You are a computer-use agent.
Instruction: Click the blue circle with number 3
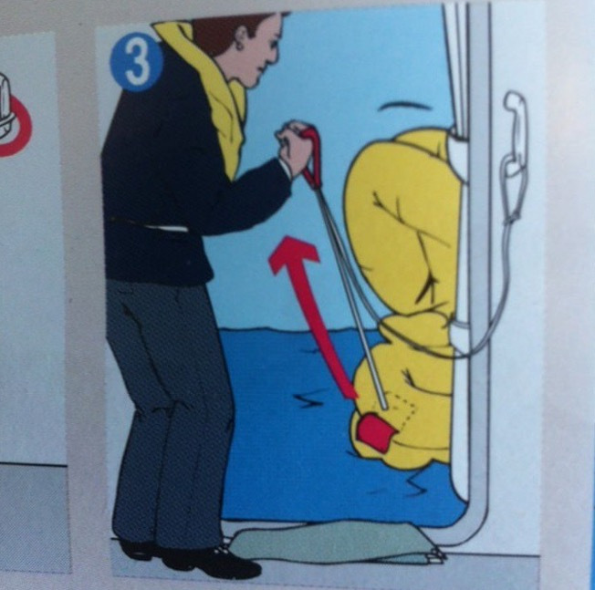137,63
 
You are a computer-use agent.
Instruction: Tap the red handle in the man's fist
312,160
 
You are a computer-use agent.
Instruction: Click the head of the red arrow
294,253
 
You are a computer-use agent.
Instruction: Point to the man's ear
240,36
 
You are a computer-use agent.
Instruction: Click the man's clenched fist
293,146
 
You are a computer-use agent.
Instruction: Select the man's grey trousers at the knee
167,394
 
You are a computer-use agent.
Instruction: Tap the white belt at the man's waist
167,227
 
